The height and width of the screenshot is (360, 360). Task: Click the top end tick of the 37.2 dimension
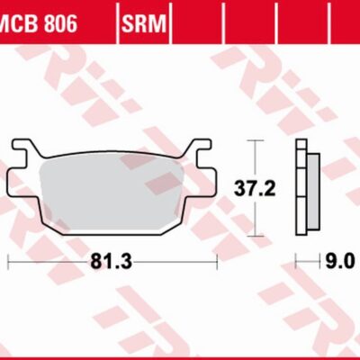pyautogui.click(x=256, y=140)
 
